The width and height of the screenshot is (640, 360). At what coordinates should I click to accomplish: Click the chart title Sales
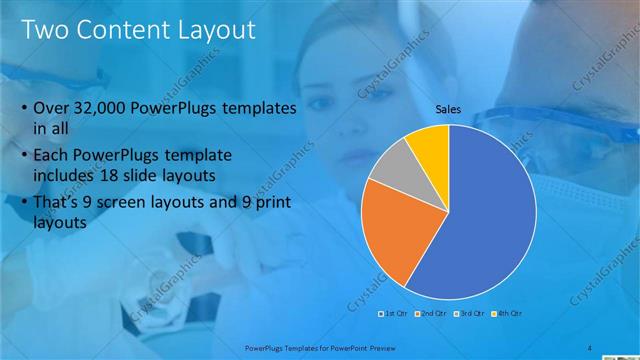pos(448,111)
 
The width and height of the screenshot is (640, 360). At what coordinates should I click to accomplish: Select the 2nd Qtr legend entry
pos(431,313)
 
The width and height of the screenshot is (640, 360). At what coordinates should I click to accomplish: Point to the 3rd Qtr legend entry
pos(470,313)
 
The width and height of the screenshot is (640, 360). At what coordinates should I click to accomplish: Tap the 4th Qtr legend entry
pos(508,313)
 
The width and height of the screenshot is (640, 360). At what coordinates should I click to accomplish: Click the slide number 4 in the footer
pos(589,347)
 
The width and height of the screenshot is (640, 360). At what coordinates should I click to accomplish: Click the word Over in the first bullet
pos(51,107)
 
